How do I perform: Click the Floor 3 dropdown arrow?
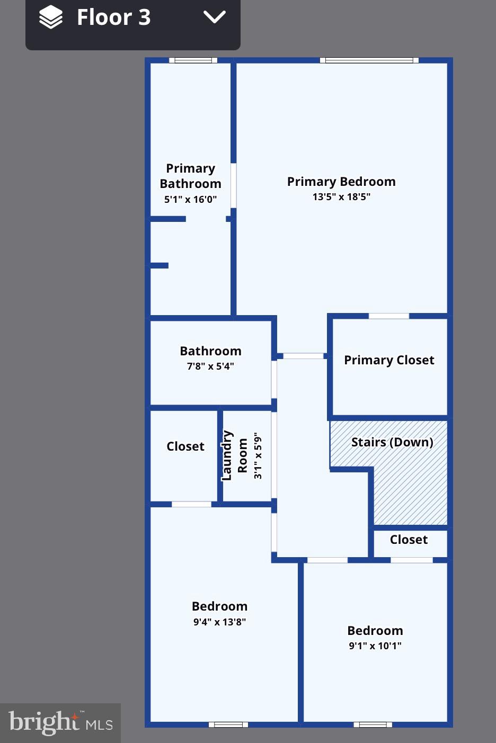coord(215,17)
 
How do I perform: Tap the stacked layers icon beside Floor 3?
coord(51,17)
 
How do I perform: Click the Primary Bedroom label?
coord(341,182)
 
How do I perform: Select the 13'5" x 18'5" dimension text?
coord(341,197)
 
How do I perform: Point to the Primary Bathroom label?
coord(190,176)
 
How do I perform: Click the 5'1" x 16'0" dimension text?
coord(190,200)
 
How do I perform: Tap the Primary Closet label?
coord(389,360)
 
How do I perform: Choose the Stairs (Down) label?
coord(392,442)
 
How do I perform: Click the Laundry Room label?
coord(234,455)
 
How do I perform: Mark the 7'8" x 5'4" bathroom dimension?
coord(210,366)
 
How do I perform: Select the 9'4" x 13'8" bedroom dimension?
coord(219,622)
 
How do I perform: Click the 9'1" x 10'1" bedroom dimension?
coord(375,646)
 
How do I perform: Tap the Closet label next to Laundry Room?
coord(185,446)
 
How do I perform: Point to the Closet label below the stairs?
coord(409,540)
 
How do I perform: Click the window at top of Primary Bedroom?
coord(369,60)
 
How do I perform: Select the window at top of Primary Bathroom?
coord(193,60)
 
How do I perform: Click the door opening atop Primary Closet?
coord(388,316)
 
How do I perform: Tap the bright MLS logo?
coord(60,722)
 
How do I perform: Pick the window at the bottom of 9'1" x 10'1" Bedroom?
coord(373,724)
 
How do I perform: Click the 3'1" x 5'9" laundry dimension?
coord(258,455)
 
